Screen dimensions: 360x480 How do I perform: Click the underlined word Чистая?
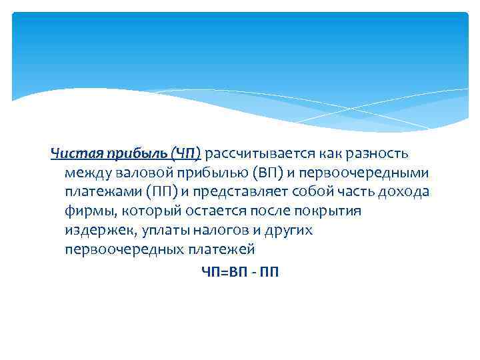[71, 155]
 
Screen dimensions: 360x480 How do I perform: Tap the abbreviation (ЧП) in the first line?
[185, 155]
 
